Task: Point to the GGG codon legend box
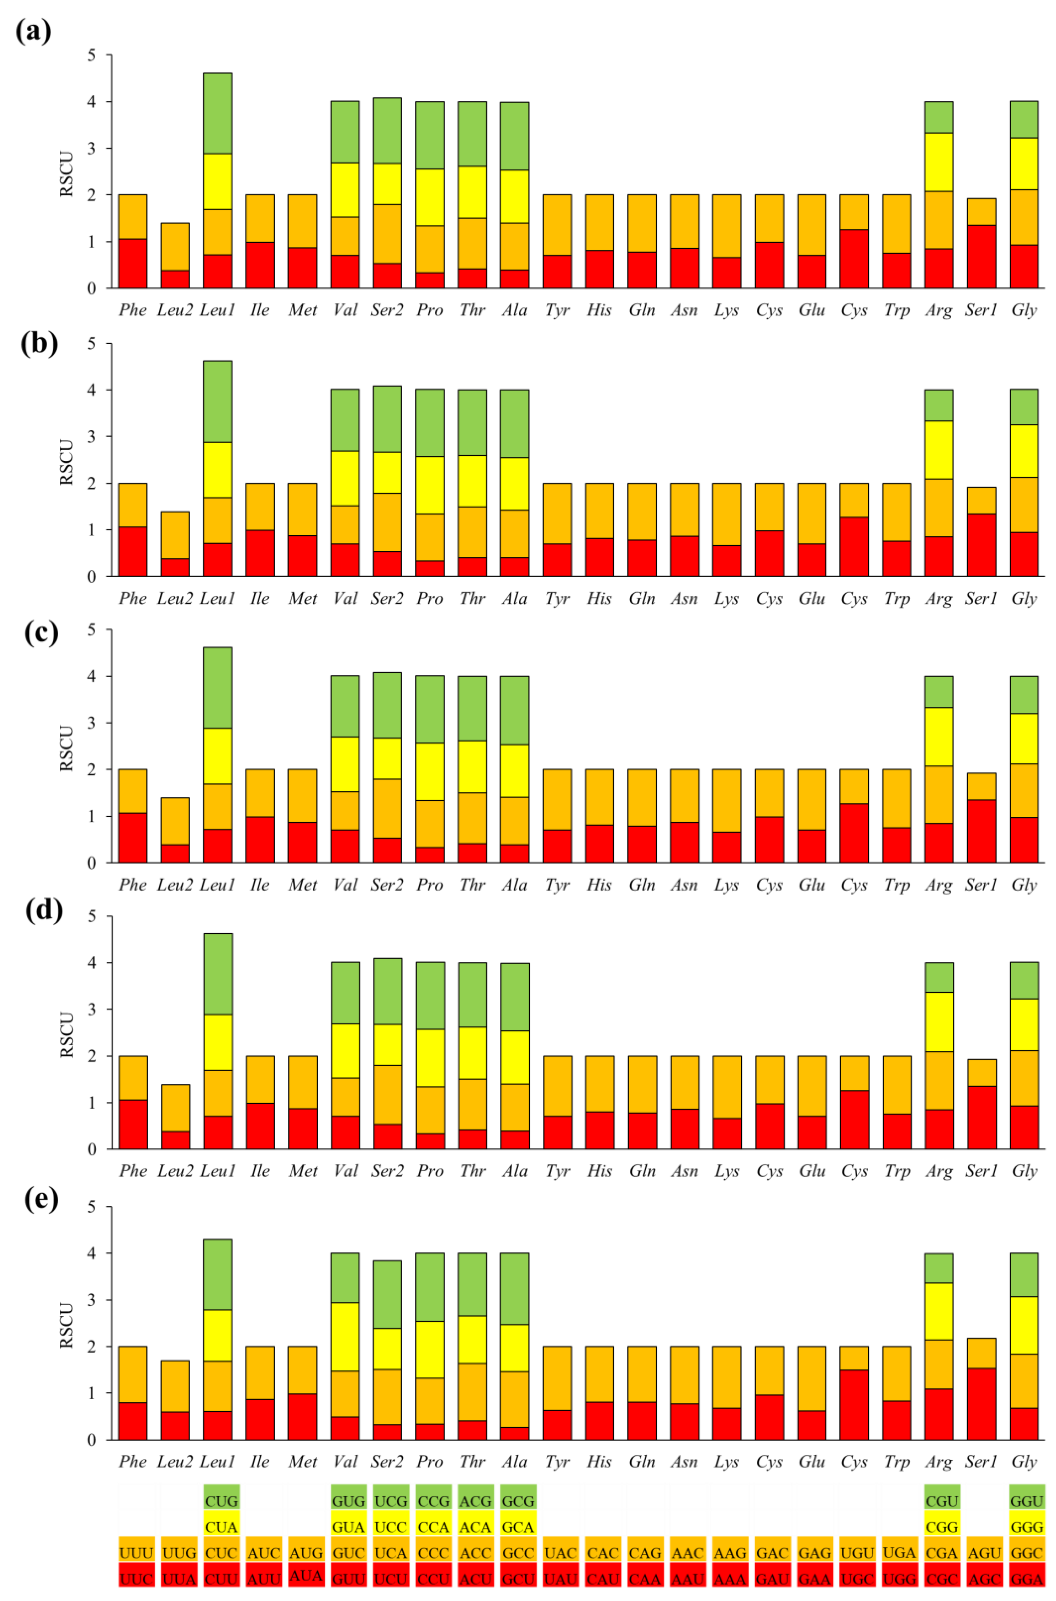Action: tap(1026, 1527)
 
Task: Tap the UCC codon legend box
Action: tap(391, 1527)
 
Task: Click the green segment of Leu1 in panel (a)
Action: tap(218, 113)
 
